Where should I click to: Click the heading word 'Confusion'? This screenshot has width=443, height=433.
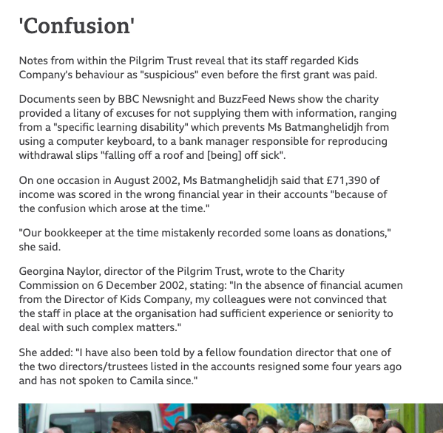[x=76, y=26]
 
